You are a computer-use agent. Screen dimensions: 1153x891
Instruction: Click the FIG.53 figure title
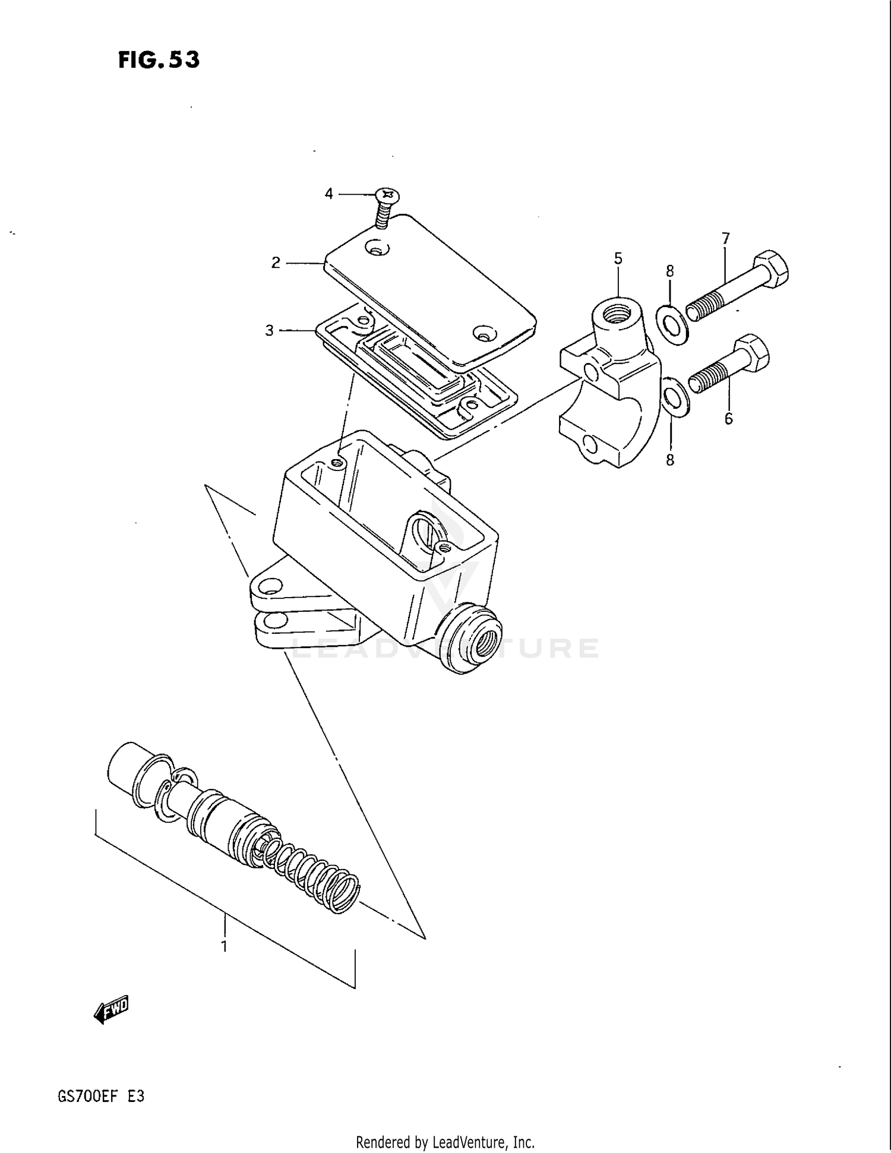(159, 60)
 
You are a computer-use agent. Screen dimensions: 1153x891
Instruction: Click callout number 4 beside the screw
(329, 194)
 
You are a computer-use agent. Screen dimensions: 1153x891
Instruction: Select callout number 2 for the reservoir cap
(276, 263)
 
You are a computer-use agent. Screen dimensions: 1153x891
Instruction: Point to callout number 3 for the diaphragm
(270, 330)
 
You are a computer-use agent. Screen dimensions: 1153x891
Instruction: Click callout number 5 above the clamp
(618, 258)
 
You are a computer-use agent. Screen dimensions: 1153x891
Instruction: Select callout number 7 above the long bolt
(726, 238)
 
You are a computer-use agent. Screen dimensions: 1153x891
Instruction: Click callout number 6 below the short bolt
(729, 419)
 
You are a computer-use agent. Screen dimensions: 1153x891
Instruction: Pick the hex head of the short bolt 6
(753, 353)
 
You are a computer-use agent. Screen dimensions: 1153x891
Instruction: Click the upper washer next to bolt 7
(672, 324)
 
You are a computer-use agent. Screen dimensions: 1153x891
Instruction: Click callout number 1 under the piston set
(224, 946)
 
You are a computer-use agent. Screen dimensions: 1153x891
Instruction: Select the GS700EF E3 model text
(101, 1096)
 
